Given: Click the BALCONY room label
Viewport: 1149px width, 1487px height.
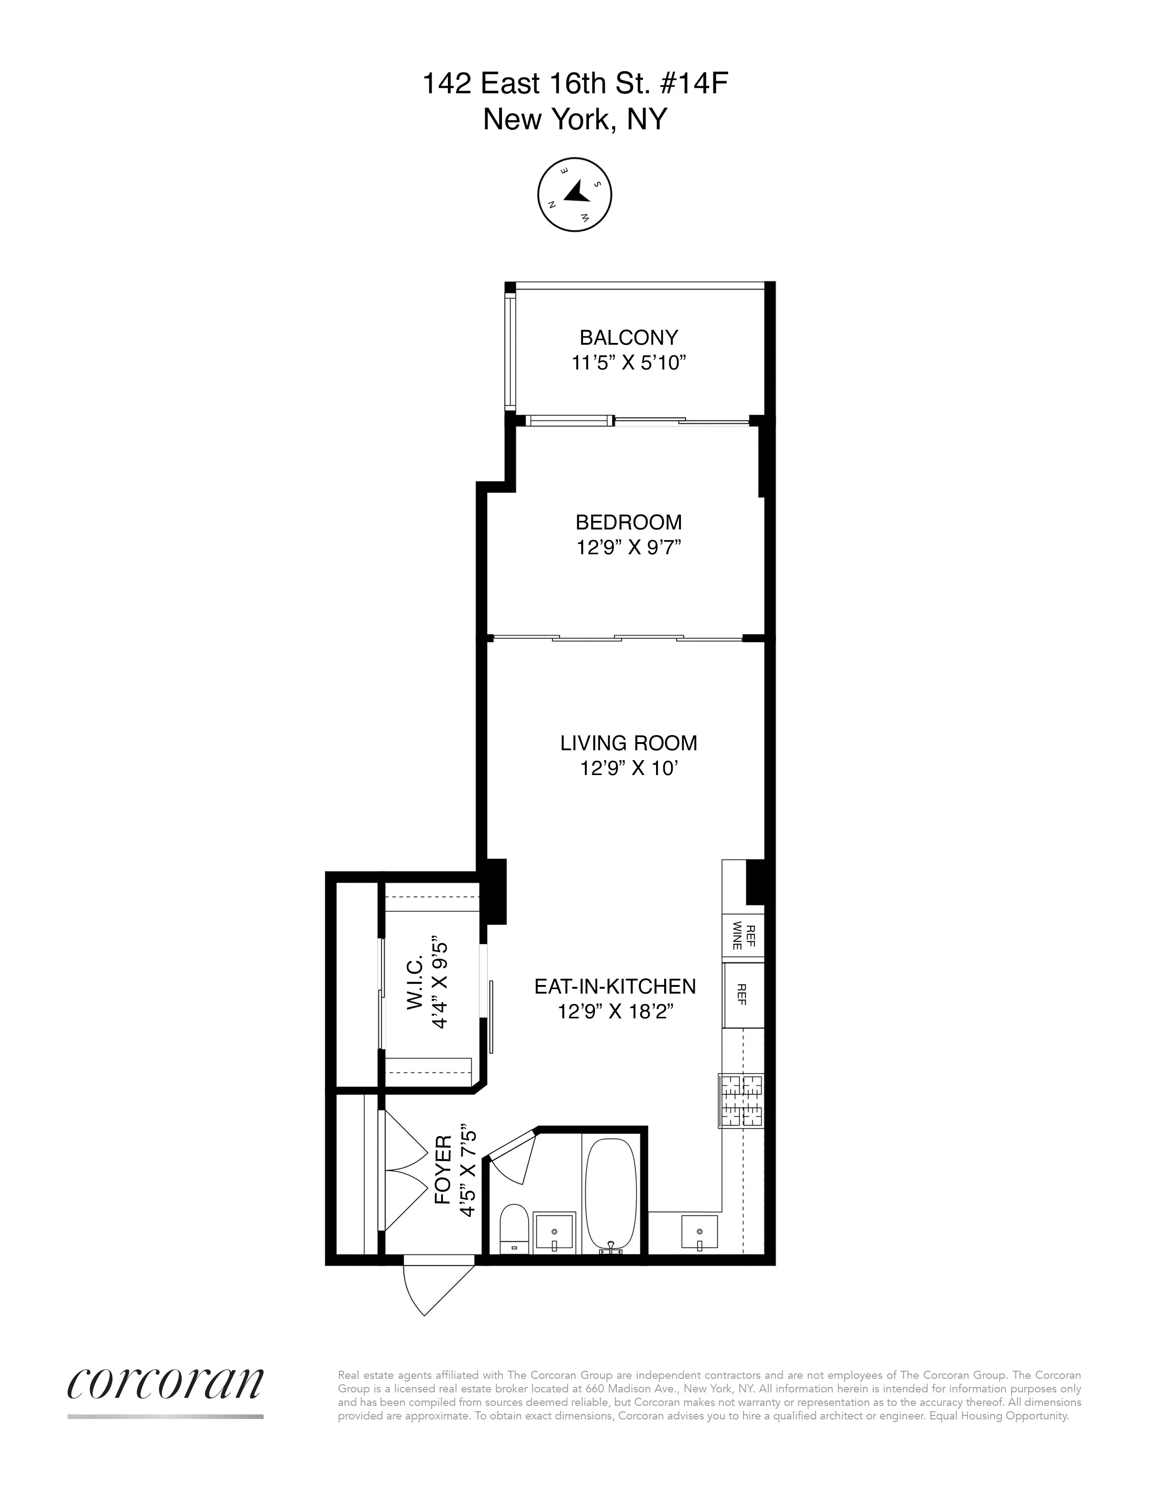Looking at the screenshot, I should (x=628, y=338).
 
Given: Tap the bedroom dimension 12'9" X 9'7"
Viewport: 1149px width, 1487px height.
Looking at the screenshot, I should (x=628, y=547).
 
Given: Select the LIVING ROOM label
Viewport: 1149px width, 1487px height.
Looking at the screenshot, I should (x=628, y=743).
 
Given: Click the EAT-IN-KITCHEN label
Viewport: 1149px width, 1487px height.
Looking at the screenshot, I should (x=615, y=986).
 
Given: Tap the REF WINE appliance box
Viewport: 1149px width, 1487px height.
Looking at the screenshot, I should (x=743, y=936).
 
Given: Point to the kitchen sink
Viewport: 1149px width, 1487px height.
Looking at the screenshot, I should (x=699, y=1232).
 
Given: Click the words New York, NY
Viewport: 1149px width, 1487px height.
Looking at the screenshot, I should (x=575, y=120).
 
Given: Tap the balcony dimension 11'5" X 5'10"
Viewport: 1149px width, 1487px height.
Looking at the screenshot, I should (x=628, y=363).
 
